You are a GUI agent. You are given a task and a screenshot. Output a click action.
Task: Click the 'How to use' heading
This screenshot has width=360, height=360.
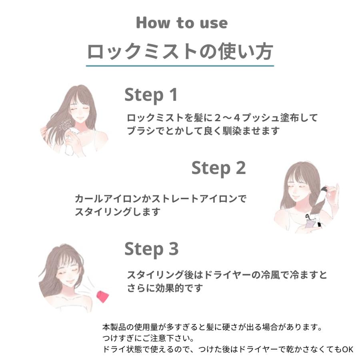182,23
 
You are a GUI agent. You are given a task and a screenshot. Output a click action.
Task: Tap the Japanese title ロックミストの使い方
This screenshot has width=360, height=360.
180,51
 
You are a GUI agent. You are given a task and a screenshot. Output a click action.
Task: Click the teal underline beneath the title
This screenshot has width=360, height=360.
180,66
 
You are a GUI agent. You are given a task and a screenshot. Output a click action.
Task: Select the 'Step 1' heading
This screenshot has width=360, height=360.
151,95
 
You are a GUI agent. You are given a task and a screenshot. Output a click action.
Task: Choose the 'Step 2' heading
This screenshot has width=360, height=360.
218,168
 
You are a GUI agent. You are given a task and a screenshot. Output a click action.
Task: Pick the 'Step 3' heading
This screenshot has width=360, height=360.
151,249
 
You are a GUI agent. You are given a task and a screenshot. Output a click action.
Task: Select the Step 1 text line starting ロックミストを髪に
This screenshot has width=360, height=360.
222,118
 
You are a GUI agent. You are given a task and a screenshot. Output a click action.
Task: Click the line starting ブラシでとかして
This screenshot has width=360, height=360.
203,131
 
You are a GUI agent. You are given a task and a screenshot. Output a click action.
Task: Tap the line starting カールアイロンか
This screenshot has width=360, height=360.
160,198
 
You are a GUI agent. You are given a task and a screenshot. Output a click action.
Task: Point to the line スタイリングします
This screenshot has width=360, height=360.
117,212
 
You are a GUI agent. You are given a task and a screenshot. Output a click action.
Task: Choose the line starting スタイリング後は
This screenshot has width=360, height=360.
227,275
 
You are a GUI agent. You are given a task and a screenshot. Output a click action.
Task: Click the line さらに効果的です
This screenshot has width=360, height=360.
165,288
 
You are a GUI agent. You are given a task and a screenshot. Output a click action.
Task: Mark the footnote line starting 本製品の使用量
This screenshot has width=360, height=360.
212,327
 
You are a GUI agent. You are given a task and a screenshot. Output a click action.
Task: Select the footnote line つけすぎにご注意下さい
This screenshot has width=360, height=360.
148,338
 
